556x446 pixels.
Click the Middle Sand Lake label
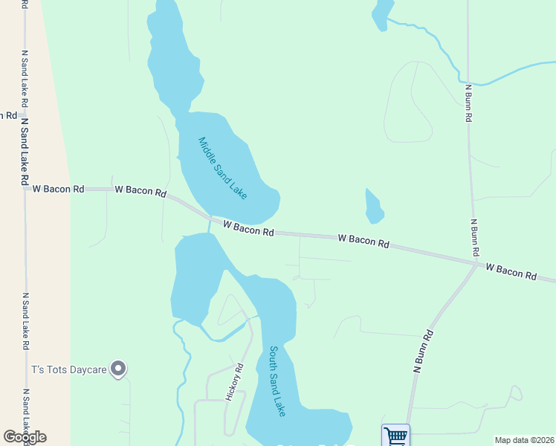222,168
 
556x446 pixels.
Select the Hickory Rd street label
235,382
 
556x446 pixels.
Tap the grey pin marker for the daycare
117,368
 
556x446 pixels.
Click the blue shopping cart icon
395,436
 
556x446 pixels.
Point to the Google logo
25,437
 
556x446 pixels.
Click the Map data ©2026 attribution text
524,440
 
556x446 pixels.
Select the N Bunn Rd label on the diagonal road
423,351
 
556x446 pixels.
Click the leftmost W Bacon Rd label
57,190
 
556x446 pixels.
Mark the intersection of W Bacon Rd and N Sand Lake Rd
25,189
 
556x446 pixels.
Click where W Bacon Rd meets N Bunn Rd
476,262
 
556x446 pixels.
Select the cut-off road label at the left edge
8,115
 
